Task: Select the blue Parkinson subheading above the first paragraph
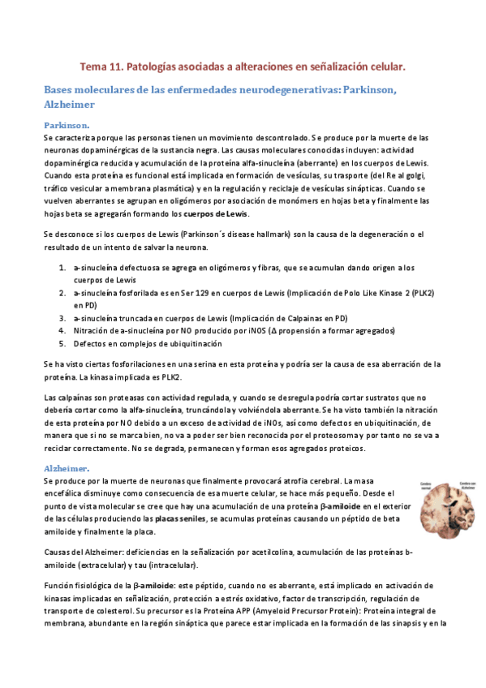point(67,125)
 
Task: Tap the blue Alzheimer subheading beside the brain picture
point(67,469)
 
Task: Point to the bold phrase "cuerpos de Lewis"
point(217,213)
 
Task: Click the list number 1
point(62,267)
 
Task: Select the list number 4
point(62,331)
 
